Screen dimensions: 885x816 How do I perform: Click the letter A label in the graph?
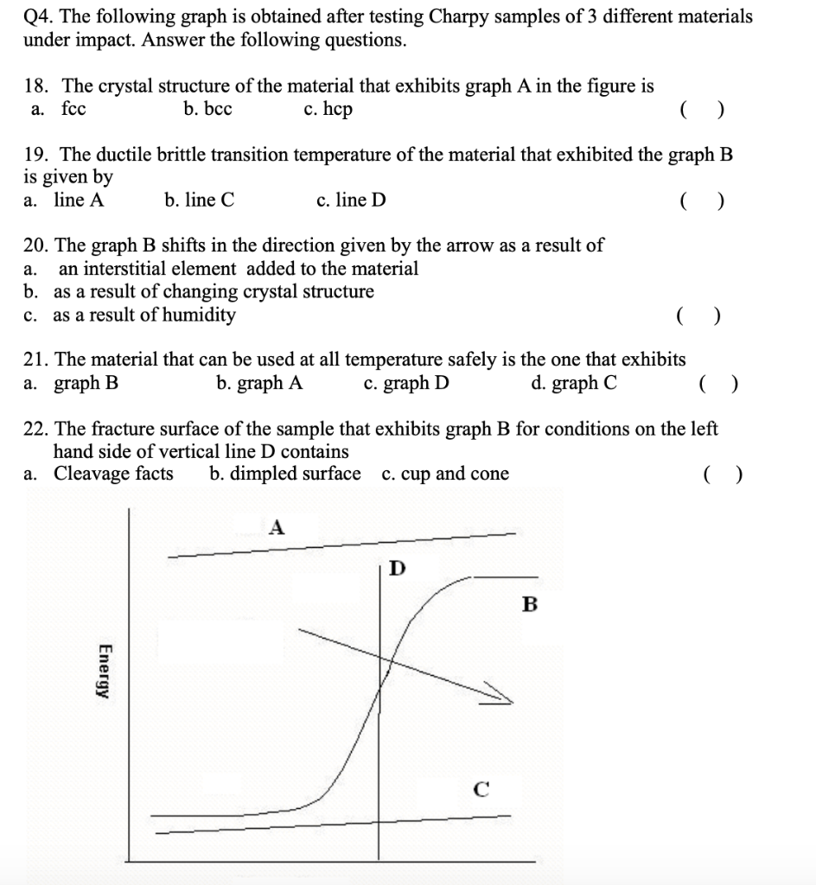coord(277,526)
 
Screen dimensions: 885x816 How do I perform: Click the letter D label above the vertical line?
coord(396,568)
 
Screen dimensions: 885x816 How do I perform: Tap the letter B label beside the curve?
coord(530,604)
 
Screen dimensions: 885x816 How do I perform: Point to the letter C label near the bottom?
coord(481,787)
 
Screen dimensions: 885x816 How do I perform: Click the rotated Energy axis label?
coord(105,671)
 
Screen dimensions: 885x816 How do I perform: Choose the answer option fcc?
coord(73,110)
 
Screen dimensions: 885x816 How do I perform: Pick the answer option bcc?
coord(207,110)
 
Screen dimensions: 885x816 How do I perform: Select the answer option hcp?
coord(328,110)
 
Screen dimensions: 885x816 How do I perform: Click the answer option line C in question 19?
coord(199,201)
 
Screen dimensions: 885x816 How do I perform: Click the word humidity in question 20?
coord(197,315)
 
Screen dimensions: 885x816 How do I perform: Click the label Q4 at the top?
coord(37,16)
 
